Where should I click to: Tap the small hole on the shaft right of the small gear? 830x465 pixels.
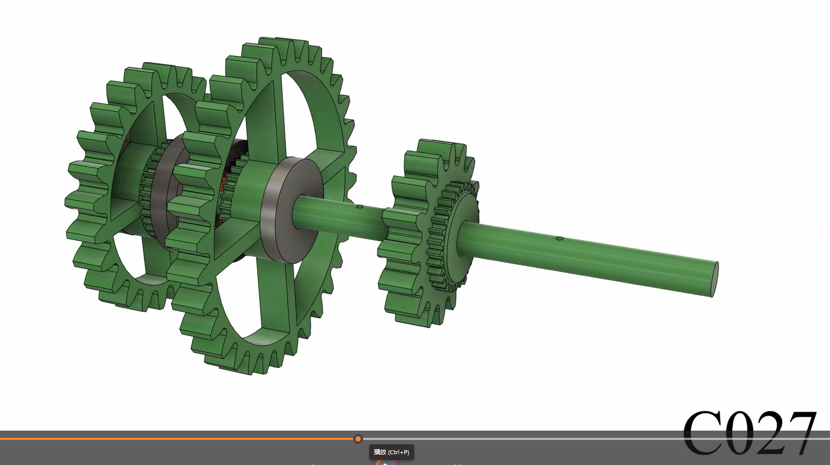click(559, 239)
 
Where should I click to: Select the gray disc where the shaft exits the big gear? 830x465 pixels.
click(289, 210)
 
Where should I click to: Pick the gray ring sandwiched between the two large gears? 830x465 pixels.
click(163, 193)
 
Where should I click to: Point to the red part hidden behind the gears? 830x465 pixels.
click(223, 193)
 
